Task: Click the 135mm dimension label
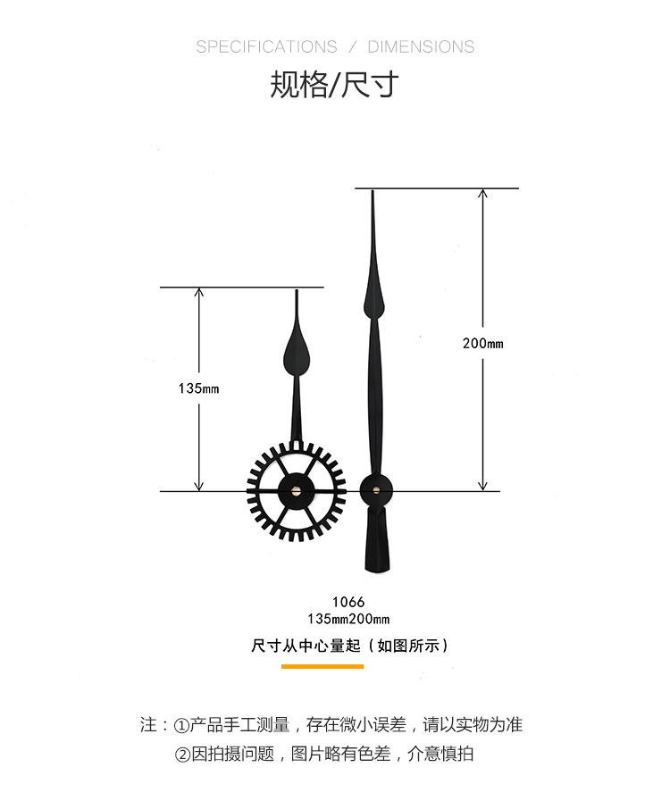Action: pyautogui.click(x=198, y=388)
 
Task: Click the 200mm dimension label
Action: pyautogui.click(x=482, y=343)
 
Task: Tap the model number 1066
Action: pyautogui.click(x=348, y=602)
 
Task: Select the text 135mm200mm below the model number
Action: pyautogui.click(x=348, y=619)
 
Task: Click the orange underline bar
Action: pyautogui.click(x=322, y=667)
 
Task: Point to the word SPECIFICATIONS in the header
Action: pyautogui.click(x=266, y=47)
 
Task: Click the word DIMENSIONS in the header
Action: pyautogui.click(x=421, y=47)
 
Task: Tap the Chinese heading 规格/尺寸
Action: pyautogui.click(x=334, y=85)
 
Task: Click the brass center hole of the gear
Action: pyautogui.click(x=297, y=490)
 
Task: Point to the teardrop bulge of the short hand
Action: pyautogui.click(x=297, y=355)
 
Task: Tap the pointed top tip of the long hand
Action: pyautogui.click(x=373, y=191)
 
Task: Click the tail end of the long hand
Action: pyautogui.click(x=377, y=570)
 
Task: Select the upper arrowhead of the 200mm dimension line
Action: pyautogui.click(x=482, y=193)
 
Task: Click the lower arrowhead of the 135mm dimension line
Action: pyautogui.click(x=198, y=487)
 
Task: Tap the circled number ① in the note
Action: pyautogui.click(x=181, y=726)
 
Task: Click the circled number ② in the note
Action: pyautogui.click(x=183, y=755)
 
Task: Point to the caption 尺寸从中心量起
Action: pyautogui.click(x=306, y=646)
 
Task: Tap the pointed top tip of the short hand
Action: pyautogui.click(x=297, y=291)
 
